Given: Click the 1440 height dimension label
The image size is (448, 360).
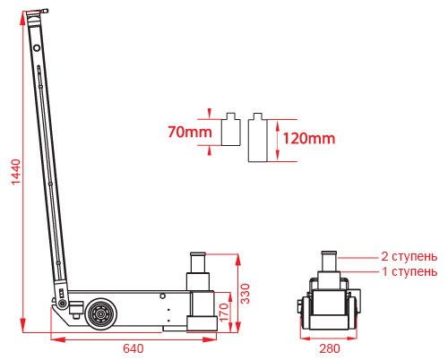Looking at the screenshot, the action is pos(16,172).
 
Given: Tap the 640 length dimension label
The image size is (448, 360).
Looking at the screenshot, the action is pos(134,348).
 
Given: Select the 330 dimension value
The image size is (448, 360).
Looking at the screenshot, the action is pos(246,294).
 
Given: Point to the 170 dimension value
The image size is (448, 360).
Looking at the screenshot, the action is pos(224,313).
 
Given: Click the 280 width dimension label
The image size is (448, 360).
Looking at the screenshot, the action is pos(330,348).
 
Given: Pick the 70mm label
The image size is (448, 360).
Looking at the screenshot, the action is pos(190,132).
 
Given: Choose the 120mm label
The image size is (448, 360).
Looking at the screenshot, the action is pos(309,139).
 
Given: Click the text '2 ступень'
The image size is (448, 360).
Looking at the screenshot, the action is pos(409,256).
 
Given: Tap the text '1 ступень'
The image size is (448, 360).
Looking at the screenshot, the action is pos(409,271).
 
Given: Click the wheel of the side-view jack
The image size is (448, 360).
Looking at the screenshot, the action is pos(101,313).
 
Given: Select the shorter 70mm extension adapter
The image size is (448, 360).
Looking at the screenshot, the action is pos(231,129).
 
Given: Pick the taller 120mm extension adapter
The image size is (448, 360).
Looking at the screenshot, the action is pos(258,138).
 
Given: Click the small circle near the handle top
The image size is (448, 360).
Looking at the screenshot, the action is pos(37,47).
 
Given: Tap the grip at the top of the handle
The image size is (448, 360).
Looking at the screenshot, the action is pos(37,13).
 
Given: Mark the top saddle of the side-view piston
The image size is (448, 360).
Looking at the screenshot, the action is pos(198,254).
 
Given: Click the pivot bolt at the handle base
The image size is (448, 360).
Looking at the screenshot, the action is pos(63,304).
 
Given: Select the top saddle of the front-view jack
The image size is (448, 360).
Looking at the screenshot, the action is pos(329,253).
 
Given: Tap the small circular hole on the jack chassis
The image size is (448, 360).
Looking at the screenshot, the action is pos(162,296).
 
